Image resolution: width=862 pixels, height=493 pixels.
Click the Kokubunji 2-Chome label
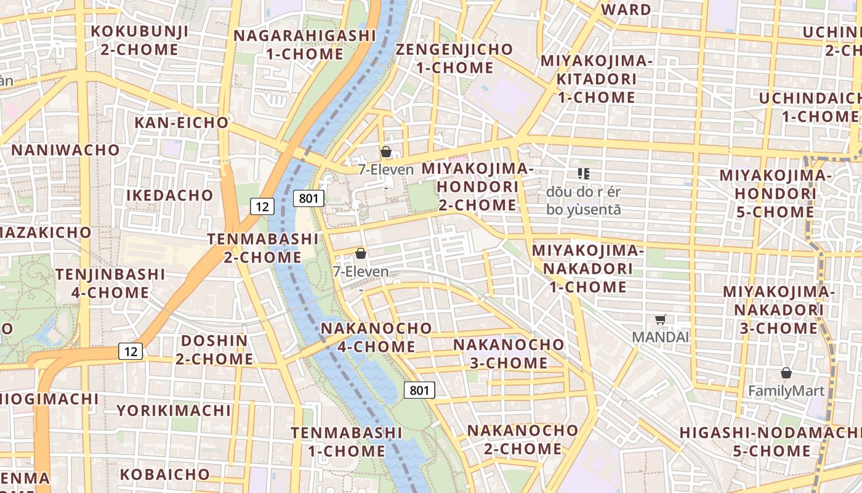point(139,40)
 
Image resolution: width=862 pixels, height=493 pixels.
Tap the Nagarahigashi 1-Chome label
point(305,44)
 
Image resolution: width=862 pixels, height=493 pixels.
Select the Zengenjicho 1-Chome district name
point(454,58)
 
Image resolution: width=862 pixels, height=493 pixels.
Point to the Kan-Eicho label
point(182,123)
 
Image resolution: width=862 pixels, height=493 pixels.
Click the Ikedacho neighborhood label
point(170,195)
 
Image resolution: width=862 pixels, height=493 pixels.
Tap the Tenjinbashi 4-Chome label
point(111,283)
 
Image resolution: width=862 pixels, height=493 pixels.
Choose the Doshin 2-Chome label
point(214,349)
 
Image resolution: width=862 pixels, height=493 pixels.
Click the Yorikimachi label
point(174,410)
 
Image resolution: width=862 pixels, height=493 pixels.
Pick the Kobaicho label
point(165,475)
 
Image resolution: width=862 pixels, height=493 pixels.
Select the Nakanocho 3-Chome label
point(509,353)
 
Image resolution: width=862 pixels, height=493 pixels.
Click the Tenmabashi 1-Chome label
point(347,442)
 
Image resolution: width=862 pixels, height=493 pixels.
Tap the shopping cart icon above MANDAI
point(661,319)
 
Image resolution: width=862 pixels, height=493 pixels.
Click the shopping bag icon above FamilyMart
point(786,373)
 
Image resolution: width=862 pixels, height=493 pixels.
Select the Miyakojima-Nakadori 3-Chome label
point(778,309)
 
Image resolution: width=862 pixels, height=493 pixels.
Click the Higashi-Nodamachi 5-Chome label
point(771,441)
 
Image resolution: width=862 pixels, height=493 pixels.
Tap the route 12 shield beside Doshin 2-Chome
point(131,351)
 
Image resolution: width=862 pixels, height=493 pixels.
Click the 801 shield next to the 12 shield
point(308,198)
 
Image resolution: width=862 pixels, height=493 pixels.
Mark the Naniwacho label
point(65,150)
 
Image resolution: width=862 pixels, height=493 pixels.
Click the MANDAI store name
point(661,337)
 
